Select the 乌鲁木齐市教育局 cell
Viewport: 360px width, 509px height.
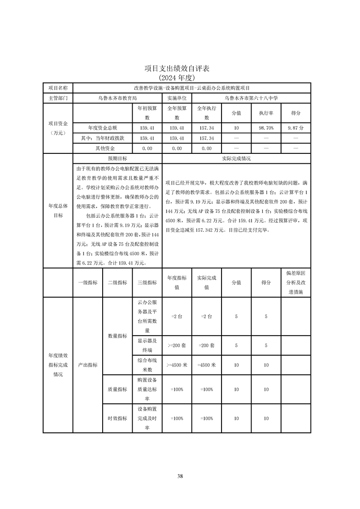(x=117, y=98)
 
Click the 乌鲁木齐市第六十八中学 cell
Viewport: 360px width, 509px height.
(x=251, y=98)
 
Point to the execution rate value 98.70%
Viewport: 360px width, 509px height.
(x=266, y=128)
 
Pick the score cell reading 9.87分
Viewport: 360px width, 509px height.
(x=296, y=128)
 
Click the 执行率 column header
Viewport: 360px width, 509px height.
(x=266, y=113)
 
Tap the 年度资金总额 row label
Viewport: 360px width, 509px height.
(x=103, y=128)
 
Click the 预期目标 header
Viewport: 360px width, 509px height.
(x=117, y=159)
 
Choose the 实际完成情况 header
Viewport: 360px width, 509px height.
(x=236, y=159)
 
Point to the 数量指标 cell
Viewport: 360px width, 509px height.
(x=117, y=336)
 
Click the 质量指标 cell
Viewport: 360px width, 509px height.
(x=117, y=389)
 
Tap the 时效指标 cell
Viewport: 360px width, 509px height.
(x=117, y=418)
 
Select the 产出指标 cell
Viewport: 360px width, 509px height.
(x=88, y=365)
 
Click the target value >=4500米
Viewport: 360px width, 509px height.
(x=177, y=365)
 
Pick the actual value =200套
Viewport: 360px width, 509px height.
(x=207, y=345)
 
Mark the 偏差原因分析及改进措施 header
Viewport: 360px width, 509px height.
(x=296, y=283)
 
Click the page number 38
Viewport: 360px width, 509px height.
(x=180, y=476)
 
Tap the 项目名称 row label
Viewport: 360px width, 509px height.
(x=58, y=88)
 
